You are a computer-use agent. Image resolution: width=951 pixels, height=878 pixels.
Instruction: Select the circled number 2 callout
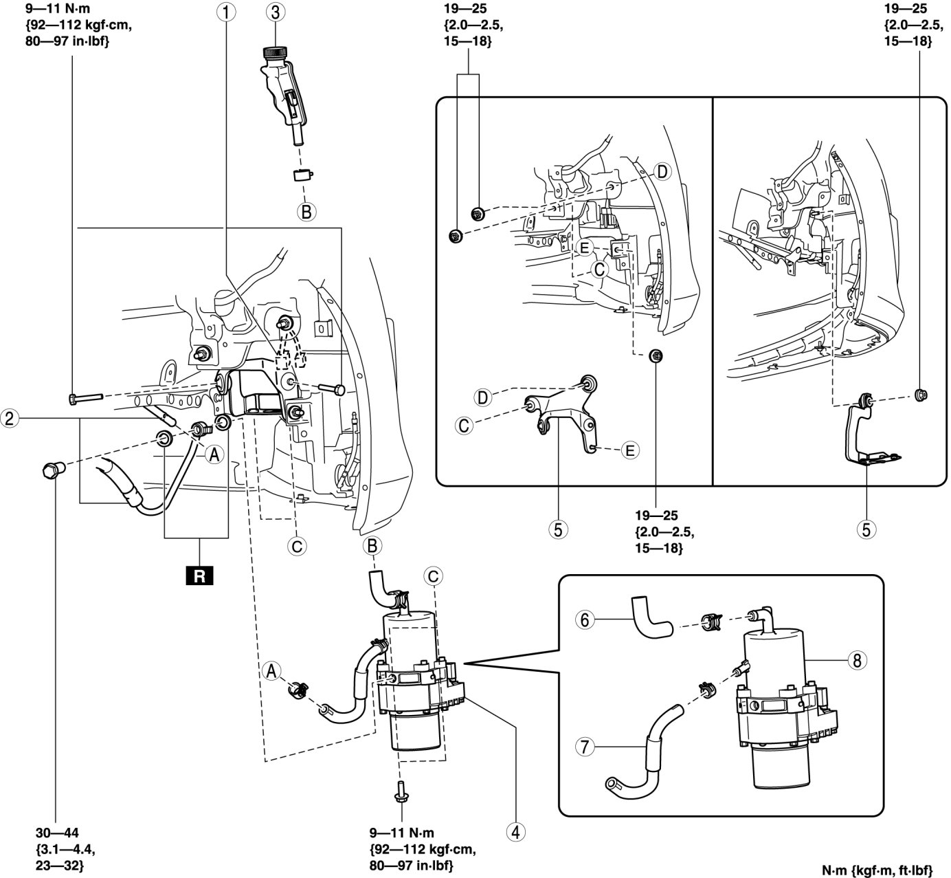click(10, 418)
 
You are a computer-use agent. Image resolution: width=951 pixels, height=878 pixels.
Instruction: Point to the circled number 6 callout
click(585, 619)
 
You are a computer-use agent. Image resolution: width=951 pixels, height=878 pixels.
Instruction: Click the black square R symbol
click(199, 575)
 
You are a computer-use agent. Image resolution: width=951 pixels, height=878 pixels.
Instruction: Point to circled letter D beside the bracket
click(483, 397)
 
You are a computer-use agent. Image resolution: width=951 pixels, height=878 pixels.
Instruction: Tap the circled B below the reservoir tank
click(306, 211)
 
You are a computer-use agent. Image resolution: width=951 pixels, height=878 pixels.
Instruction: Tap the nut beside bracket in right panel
click(921, 394)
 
